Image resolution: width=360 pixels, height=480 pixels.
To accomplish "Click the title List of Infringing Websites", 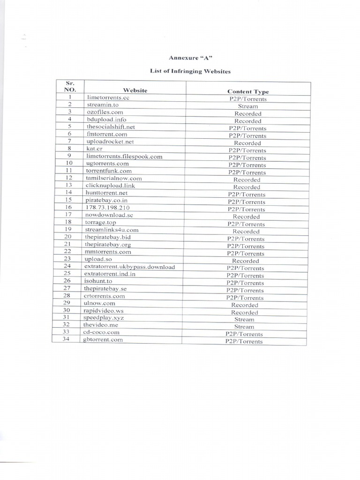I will point(190,71).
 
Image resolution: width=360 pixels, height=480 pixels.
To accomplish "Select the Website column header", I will point(135,90).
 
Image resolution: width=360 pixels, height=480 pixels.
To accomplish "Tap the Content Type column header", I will point(248,91).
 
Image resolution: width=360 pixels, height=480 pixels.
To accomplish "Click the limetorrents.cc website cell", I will point(108,97).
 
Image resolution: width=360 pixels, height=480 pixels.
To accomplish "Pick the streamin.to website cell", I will point(103,105).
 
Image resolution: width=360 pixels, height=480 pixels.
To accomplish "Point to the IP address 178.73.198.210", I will point(107,207).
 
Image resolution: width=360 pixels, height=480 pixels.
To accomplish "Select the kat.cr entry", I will point(94,149).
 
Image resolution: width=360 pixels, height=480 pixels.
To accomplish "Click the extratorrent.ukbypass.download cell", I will point(129,267).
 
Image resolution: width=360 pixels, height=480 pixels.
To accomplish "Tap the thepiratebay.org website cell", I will point(108,244).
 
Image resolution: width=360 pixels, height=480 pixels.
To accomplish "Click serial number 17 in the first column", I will point(68,214).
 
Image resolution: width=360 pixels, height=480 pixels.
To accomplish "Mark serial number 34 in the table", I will point(66,339).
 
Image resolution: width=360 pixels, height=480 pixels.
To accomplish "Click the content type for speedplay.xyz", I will point(244,319).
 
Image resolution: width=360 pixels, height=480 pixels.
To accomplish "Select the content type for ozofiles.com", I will point(248,113).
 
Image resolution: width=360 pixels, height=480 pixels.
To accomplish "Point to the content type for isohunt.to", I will point(245,283).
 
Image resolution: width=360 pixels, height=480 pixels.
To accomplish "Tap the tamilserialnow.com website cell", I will point(113,178).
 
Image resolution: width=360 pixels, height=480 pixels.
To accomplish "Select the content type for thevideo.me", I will point(244,327).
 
